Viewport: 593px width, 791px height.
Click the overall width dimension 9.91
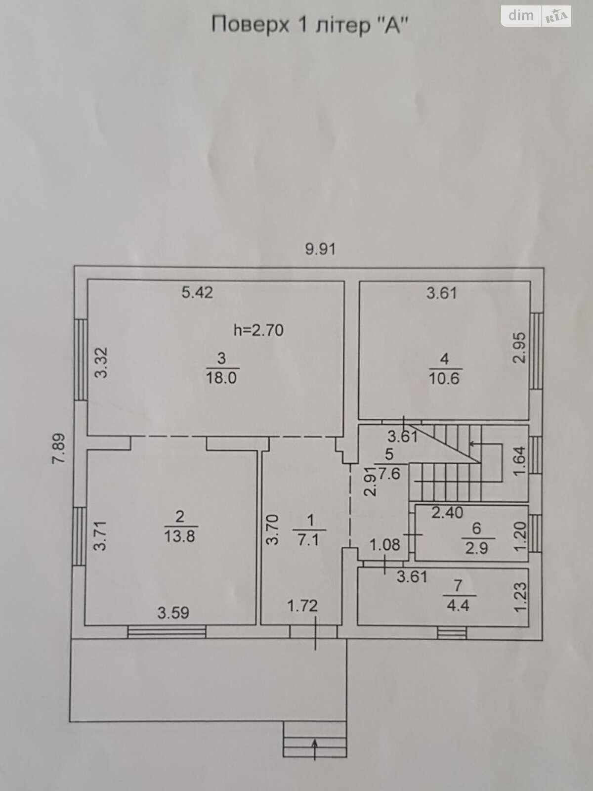[x=320, y=249]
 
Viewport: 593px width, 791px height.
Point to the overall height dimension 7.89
[x=59, y=448]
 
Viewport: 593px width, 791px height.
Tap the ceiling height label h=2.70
[x=258, y=329]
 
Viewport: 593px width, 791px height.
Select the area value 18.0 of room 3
[x=221, y=378]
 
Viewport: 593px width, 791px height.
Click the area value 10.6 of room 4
[x=444, y=379]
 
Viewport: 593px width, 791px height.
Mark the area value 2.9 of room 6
[x=476, y=548]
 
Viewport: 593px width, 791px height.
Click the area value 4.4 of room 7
[x=458, y=605]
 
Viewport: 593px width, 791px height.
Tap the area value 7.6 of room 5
[x=390, y=474]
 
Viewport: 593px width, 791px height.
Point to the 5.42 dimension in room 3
[x=197, y=292]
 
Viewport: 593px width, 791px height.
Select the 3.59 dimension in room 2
[x=173, y=613]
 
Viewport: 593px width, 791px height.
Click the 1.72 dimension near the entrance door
[x=302, y=605]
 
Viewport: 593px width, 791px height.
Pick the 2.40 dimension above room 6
[x=447, y=513]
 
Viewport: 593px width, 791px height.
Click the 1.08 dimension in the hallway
[x=385, y=545]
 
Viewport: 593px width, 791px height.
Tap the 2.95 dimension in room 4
[x=519, y=348]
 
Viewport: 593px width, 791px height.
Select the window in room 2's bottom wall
[x=167, y=632]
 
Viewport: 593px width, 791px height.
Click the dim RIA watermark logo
[x=536, y=16]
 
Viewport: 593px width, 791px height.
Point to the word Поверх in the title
[x=250, y=25]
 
